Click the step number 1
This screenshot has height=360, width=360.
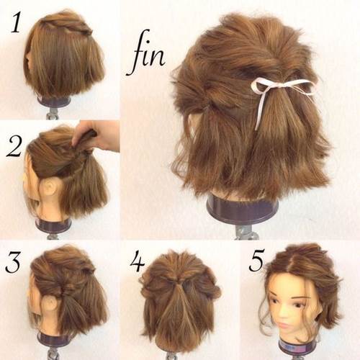tap(16, 22)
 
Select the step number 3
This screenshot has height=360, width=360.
tap(14, 261)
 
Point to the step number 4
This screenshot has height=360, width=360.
tap(138, 261)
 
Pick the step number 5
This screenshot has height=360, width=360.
tap(257, 261)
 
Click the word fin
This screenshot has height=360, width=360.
tap(146, 53)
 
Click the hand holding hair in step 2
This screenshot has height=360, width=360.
tap(96, 135)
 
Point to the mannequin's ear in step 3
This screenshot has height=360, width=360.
tap(51, 305)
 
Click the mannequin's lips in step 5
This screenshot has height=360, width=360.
tap(283, 325)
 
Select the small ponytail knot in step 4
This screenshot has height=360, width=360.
tap(178, 283)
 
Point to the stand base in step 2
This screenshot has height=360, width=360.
tap(52, 225)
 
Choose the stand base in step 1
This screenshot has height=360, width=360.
tap(55, 102)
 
